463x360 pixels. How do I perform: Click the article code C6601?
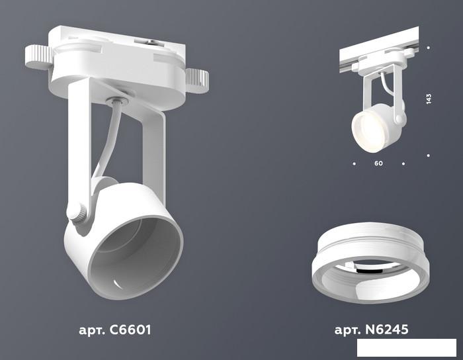pos(130,330)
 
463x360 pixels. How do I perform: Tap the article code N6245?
pos(387,329)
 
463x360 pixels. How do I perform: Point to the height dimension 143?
pos(429,99)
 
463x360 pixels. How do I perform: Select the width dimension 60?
pos(378,163)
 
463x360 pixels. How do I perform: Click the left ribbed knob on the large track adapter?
pos(39,57)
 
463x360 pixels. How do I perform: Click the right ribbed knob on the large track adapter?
pos(197,81)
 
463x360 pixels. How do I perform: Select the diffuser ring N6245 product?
pos(370,263)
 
